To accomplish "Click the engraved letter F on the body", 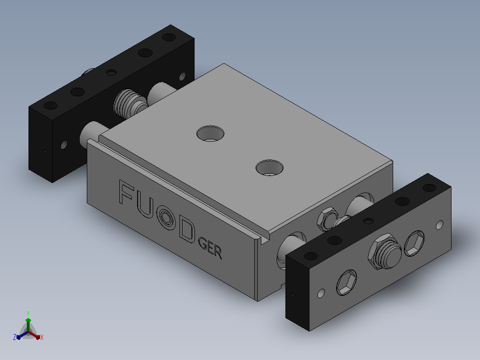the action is (126, 192).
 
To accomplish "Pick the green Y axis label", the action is (28, 314).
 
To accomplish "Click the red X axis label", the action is (42, 337).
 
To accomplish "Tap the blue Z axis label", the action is (15, 337).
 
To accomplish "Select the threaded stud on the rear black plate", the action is (130, 103).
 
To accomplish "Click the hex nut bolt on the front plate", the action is (385, 251).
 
